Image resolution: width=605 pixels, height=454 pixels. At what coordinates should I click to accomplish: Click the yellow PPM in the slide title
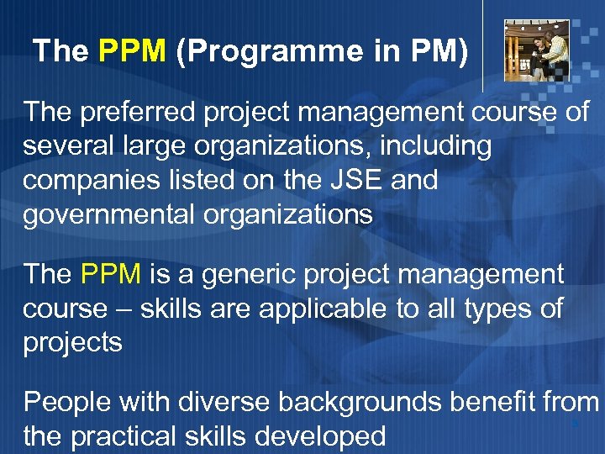point(132,52)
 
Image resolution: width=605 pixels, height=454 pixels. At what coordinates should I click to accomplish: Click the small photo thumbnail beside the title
point(536,50)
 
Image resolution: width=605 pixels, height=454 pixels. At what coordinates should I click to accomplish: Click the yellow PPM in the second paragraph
point(113,274)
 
